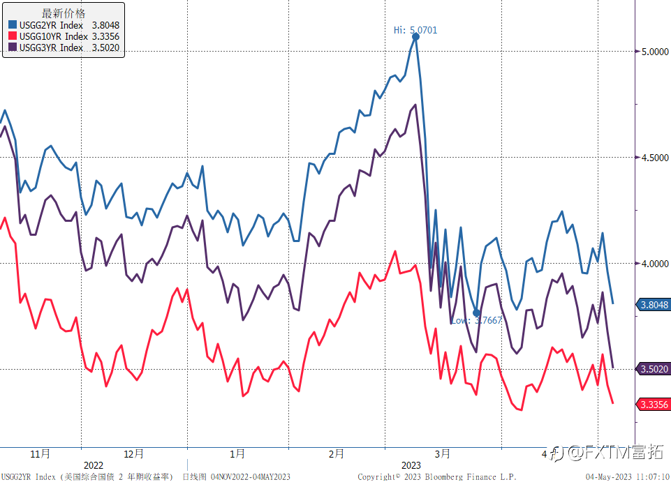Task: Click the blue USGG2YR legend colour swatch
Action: [12, 25]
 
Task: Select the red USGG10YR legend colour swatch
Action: [12, 36]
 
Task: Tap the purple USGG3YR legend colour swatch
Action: [12, 47]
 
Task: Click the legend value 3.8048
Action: [105, 25]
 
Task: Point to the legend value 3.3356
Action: [105, 36]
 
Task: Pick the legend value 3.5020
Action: [105, 47]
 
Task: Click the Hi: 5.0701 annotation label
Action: [415, 30]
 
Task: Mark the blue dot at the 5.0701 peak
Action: [415, 37]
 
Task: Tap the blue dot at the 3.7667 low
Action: [476, 313]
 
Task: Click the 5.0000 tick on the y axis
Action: [652, 52]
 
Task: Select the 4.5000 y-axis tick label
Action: [652, 158]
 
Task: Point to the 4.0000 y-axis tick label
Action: [652, 264]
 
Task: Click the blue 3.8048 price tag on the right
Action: [654, 305]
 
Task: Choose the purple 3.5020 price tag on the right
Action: [654, 369]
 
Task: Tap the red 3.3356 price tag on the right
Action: [654, 405]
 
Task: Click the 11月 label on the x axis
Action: [40, 453]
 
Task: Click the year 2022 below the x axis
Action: [93, 465]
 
